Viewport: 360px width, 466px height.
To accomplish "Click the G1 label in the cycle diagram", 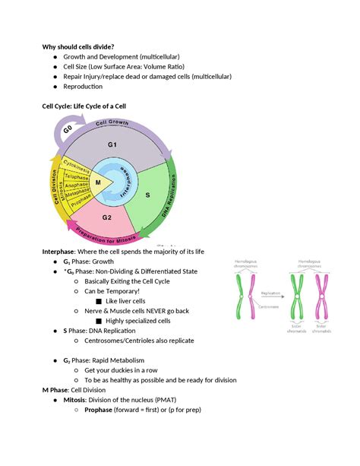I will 112,144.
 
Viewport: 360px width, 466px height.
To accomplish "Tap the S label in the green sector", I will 147,195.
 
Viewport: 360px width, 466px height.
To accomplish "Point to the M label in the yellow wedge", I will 98,182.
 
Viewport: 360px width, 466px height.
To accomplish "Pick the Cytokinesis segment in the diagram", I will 74,166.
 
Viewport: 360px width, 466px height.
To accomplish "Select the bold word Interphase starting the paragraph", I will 63,252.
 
